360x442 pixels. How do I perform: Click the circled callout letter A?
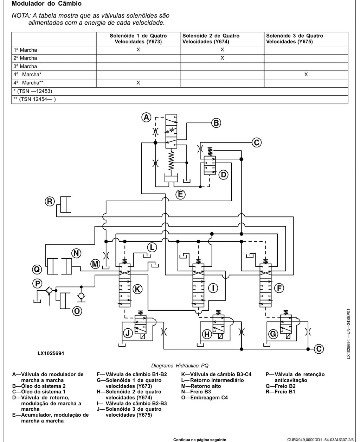coord(146,118)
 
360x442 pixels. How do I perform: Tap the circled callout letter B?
coord(216,123)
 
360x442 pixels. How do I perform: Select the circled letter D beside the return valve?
coord(224,175)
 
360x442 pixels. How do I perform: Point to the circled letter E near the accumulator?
coord(180,194)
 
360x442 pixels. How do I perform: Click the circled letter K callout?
coord(137,289)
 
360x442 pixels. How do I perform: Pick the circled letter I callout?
coord(213,288)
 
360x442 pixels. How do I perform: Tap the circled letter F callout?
coord(279,288)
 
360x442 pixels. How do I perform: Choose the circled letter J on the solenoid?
coord(128,333)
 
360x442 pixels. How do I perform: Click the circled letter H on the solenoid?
coord(207,334)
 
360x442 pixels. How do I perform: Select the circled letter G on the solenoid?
coord(273,334)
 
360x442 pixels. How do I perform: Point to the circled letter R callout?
coord(50,201)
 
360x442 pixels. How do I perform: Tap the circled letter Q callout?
coord(37,269)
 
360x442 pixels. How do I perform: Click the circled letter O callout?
coord(77,311)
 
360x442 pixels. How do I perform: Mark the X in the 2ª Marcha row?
coord(222,58)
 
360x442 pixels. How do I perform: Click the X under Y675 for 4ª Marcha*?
coord(306,74)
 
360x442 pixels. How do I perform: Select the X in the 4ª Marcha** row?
coord(138,83)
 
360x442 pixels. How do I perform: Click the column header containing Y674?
coord(211,39)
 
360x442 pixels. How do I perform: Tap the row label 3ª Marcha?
coord(25,67)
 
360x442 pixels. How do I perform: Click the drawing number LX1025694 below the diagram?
coord(51,353)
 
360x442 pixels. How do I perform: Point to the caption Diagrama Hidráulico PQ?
coord(180,366)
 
